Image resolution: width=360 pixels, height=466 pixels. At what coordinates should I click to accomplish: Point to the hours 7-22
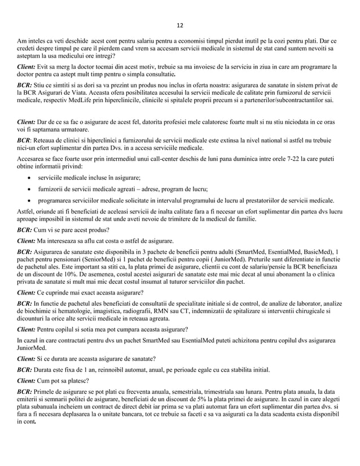(x=295, y=159)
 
